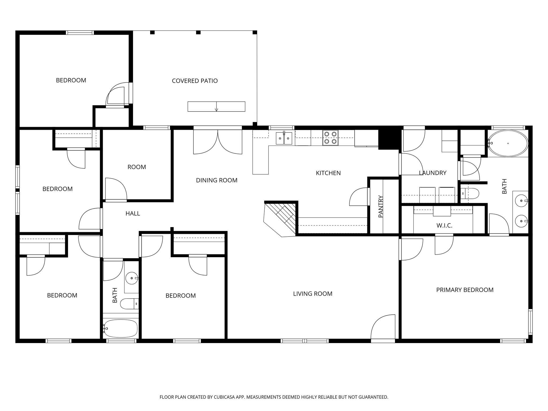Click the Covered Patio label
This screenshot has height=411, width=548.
195,81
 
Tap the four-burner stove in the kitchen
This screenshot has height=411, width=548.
330,138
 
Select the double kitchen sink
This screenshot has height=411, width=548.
284,138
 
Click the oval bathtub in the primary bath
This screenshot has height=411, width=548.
508,143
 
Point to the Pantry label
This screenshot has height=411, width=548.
381,207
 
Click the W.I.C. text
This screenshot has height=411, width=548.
444,226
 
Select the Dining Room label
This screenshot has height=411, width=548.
216,180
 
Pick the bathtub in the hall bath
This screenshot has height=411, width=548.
121,328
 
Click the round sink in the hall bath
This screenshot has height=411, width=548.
132,278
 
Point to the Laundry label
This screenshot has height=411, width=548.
432,173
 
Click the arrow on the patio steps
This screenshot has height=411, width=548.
216,109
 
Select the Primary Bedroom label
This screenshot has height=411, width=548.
465,290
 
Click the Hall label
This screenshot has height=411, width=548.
133,214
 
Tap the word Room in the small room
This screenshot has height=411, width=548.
136,167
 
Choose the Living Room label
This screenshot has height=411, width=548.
313,294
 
